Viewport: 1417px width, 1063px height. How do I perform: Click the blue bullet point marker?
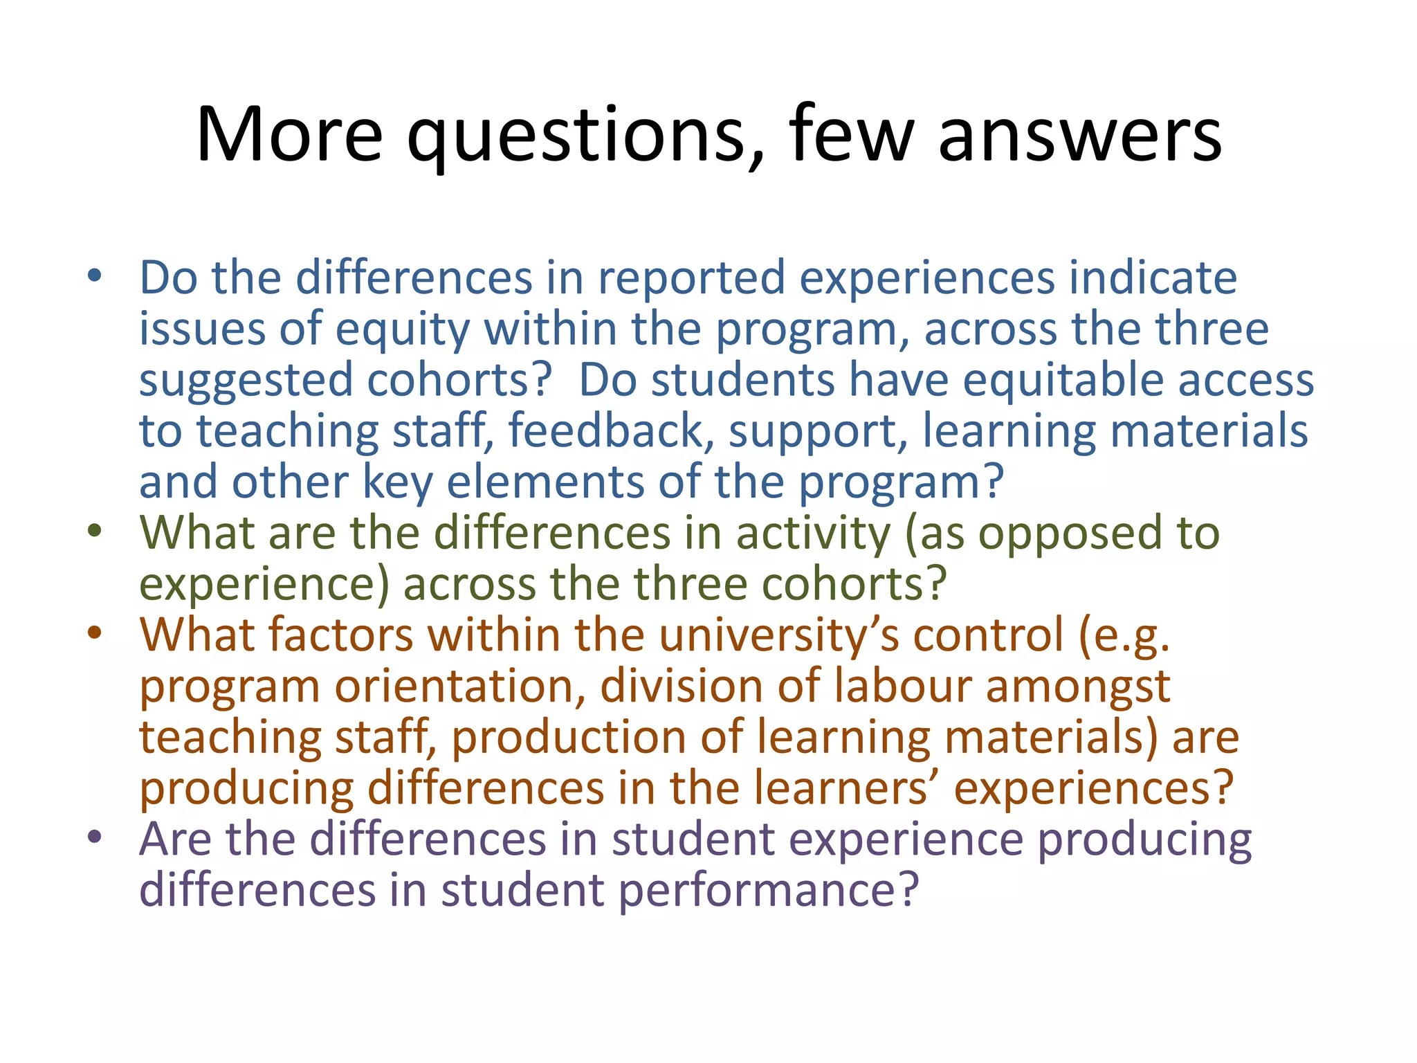coord(95,277)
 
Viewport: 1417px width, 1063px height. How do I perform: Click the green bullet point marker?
coord(95,532)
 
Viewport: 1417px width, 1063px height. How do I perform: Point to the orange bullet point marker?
coord(95,634)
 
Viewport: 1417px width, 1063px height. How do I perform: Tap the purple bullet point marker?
coord(95,837)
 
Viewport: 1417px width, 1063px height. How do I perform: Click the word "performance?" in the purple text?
coord(769,891)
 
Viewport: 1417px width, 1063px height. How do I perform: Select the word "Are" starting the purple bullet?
coord(175,839)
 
